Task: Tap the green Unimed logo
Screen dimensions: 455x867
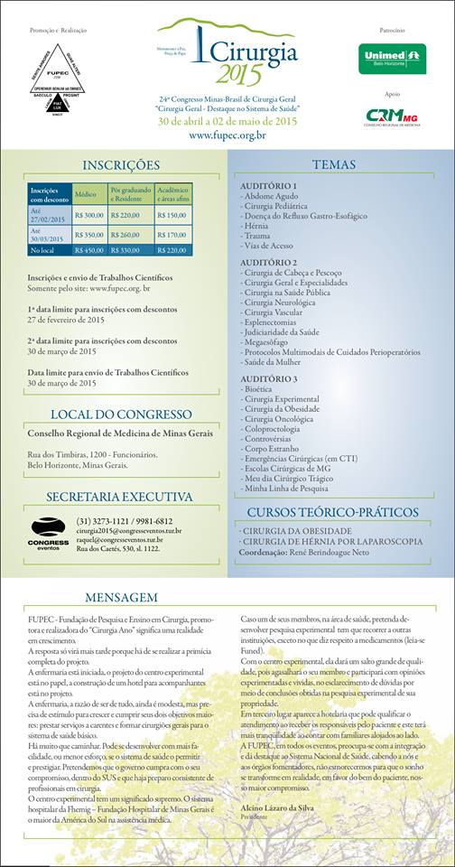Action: [392, 57]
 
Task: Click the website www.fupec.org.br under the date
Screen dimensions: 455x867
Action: [227, 135]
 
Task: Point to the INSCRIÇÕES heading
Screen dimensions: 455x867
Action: [120, 165]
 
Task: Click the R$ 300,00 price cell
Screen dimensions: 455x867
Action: [89, 215]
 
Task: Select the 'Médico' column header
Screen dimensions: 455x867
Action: [86, 193]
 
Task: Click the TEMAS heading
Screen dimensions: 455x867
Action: [334, 164]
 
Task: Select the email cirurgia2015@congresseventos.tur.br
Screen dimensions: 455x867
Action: [129, 531]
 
